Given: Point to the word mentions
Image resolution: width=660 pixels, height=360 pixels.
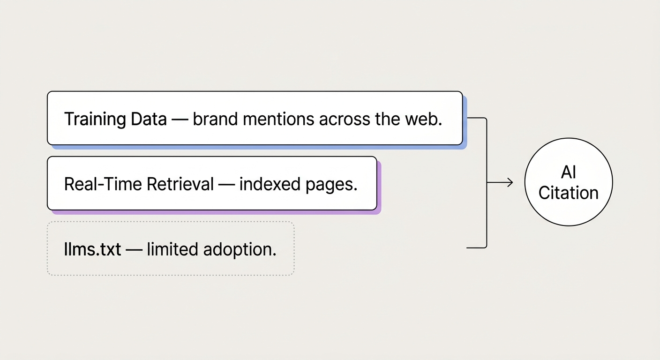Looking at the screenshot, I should click(x=279, y=119).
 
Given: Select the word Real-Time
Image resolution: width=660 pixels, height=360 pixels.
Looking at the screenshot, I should click(x=103, y=184).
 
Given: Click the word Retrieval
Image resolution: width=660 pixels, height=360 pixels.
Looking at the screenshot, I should click(x=180, y=184).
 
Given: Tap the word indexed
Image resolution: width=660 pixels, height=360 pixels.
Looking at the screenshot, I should click(x=264, y=184).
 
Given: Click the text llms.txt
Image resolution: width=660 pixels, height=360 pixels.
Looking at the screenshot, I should click(x=92, y=249).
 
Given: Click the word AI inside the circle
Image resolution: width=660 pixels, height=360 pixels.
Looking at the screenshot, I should click(x=568, y=172).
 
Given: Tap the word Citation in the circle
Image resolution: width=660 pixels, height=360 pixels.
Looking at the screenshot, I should click(x=568, y=193).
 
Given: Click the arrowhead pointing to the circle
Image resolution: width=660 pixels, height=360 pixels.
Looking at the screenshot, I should click(x=510, y=182).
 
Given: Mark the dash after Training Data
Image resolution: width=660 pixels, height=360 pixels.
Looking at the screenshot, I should click(x=180, y=120).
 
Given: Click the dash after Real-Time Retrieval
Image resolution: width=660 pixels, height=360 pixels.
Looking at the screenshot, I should click(x=226, y=185).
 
